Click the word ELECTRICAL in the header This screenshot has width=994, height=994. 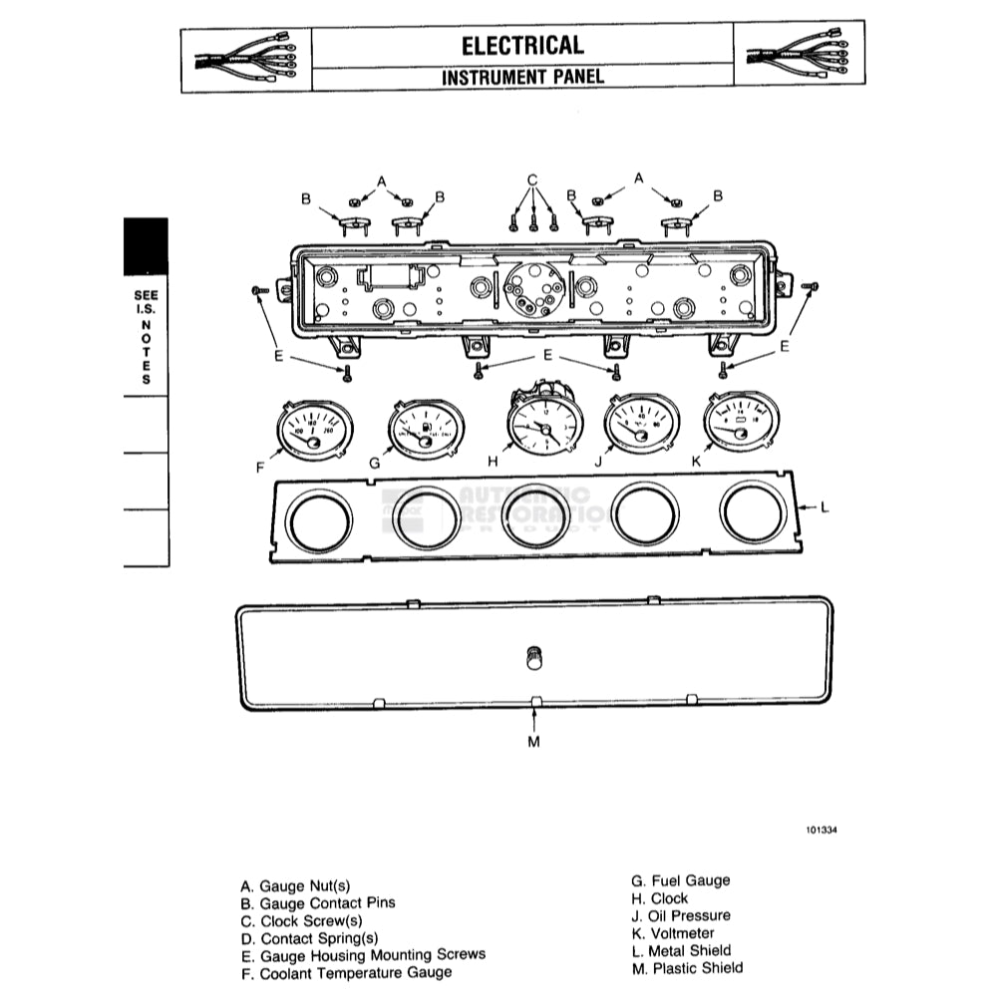522,45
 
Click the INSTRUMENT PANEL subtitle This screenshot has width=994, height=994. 522,77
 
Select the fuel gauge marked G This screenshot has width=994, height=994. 426,431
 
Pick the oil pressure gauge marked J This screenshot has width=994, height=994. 642,425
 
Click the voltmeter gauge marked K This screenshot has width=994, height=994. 741,422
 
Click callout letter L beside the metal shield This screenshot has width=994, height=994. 824,507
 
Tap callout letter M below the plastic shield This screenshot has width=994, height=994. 533,742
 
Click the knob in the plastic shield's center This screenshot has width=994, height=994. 534,657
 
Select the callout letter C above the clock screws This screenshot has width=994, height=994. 533,180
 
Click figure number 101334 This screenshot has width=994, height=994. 824,828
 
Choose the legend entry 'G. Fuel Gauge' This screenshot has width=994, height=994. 680,880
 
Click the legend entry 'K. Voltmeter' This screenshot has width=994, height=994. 679,933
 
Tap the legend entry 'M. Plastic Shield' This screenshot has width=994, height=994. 686,968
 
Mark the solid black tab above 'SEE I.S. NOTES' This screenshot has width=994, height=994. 146,246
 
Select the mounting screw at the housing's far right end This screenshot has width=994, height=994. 811,287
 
